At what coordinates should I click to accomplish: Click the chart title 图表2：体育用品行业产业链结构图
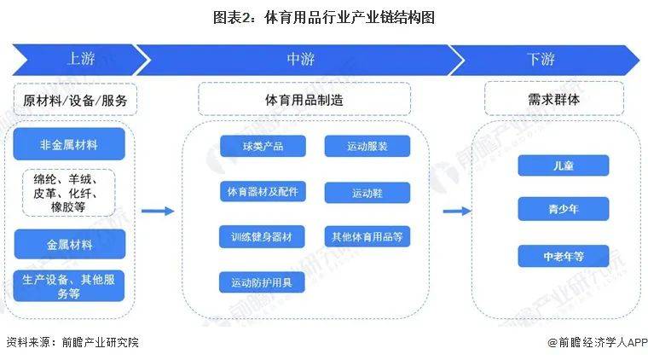323,17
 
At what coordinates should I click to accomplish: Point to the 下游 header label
541,59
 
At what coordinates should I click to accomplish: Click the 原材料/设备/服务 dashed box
75,100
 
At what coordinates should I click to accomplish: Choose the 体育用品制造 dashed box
304,100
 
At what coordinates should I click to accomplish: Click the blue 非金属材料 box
69,145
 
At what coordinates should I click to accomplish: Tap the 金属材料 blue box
69,244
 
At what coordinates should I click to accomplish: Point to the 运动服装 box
367,147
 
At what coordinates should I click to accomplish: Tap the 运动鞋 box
367,193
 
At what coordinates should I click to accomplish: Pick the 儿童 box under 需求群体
563,165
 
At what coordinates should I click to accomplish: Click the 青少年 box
563,209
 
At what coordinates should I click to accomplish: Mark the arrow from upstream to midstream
158,212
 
